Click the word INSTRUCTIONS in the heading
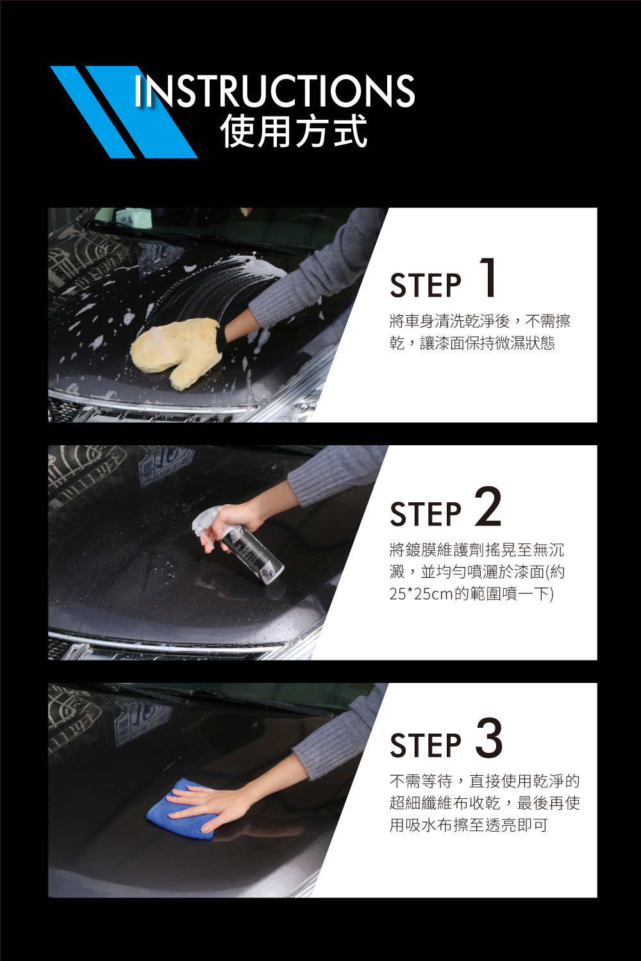274,90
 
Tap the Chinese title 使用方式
294,131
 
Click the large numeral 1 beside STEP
488,277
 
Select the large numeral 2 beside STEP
488,506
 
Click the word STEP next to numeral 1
426,285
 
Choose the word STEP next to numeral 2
426,514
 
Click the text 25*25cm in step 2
421,594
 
